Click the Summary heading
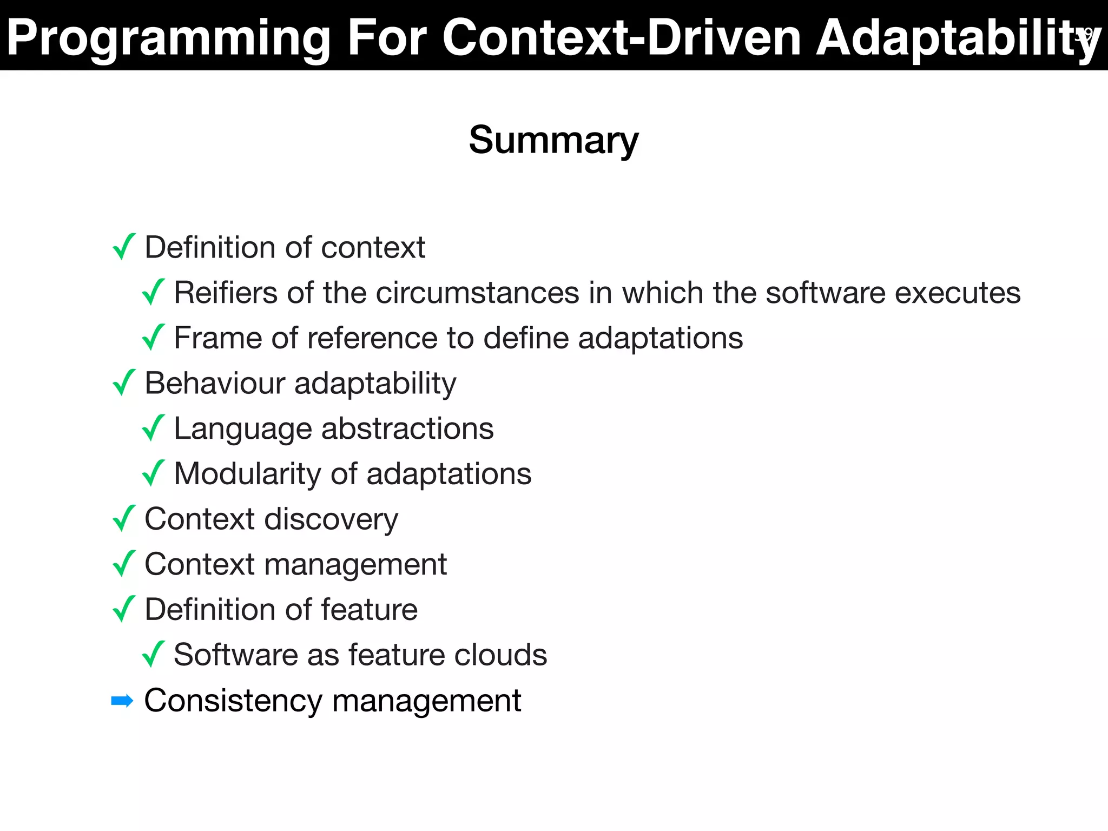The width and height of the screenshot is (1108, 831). pos(553,140)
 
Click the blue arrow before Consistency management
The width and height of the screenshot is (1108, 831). pos(122,701)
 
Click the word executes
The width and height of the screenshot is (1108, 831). pos(958,293)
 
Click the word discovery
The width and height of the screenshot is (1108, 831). pos(331,520)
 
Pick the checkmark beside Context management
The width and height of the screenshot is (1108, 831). pos(124,564)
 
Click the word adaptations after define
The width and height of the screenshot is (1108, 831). pos(660,338)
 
